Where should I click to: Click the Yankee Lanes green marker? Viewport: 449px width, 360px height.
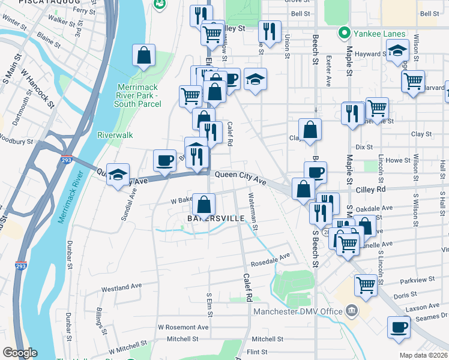tap(345, 33)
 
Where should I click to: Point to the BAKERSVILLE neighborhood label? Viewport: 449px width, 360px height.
tap(215, 218)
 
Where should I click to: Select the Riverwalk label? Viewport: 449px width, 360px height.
tap(115, 135)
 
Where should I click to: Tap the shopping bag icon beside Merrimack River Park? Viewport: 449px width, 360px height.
tap(145, 56)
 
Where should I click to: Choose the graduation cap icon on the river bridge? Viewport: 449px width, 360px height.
tap(118, 175)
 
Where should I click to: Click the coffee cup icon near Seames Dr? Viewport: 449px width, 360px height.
tap(398, 328)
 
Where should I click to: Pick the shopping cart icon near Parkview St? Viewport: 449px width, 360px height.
tap(365, 286)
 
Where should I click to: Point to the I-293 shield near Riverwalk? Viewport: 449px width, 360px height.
tap(67, 160)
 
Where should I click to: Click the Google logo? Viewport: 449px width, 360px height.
tap(20, 352)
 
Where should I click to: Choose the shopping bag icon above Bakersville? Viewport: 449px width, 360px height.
tap(203, 203)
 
